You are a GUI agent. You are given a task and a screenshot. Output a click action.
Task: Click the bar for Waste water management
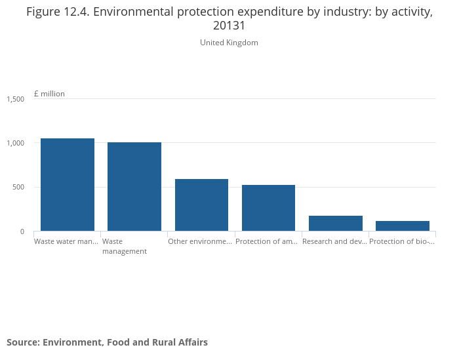68,184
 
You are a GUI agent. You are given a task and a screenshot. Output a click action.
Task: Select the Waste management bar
134,186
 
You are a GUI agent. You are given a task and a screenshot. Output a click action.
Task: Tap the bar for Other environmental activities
201,205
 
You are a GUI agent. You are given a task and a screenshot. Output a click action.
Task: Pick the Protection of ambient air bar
268,208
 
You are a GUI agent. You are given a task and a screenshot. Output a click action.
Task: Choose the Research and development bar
335,223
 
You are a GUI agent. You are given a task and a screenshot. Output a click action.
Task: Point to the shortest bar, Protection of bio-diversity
402,226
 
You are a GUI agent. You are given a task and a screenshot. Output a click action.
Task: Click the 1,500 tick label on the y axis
16,99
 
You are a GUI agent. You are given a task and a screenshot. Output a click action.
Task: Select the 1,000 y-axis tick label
16,143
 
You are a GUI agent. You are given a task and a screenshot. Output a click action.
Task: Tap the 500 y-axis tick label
18,188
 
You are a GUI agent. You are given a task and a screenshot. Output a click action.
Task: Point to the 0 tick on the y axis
22,231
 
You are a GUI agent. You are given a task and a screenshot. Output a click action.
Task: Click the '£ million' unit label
49,94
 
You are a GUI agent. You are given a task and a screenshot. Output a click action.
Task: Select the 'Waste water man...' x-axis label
66,241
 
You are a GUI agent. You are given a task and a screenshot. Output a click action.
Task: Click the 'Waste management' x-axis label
125,246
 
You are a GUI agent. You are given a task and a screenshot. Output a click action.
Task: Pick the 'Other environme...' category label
200,241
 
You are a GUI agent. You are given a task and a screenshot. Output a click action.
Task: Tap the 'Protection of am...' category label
267,241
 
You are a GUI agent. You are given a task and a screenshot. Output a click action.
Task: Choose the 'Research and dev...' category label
334,241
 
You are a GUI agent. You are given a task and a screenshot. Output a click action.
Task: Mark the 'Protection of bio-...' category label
402,241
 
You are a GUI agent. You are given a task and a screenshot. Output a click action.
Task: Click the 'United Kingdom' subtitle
229,43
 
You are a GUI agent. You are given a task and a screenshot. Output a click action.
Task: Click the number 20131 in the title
229,26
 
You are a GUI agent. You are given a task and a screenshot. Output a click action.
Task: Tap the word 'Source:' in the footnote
23,342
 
